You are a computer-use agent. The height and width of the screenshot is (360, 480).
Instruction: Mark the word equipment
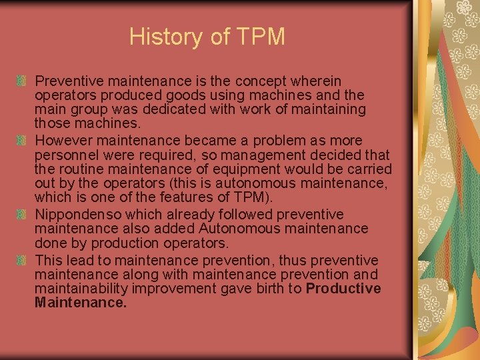[231, 169]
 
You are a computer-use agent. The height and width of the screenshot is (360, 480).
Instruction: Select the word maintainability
[81, 289]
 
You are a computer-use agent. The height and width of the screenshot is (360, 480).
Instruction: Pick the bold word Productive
[343, 289]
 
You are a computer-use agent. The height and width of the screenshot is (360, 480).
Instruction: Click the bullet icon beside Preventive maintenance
[22, 81]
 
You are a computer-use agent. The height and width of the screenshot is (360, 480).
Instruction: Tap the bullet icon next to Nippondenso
[22, 215]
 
